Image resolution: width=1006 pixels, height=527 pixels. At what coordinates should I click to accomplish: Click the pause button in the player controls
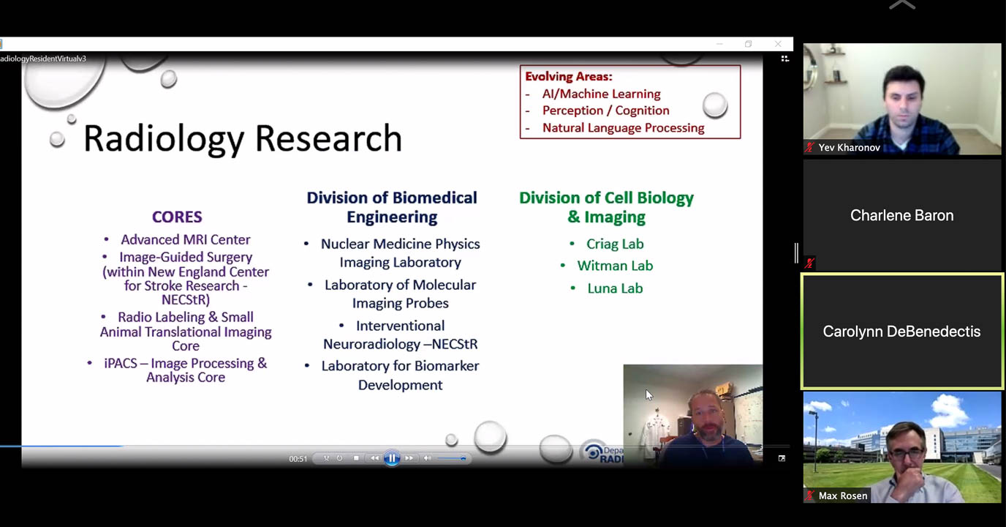click(x=392, y=458)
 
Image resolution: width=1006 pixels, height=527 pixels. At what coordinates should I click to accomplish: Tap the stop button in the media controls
click(x=356, y=458)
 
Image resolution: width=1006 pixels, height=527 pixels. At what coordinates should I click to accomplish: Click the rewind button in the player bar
click(x=374, y=458)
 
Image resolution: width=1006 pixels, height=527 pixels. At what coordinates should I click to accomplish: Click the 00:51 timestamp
click(x=298, y=459)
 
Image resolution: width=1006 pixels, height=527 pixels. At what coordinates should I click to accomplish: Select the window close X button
click(x=778, y=44)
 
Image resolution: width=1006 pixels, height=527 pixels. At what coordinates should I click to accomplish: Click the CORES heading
click(x=177, y=217)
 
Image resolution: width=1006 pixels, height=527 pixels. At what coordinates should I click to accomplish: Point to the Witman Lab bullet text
click(x=615, y=266)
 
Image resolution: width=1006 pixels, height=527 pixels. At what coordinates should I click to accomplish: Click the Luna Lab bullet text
click(x=615, y=288)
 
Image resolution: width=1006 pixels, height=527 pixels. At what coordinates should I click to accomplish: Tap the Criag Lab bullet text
click(x=615, y=244)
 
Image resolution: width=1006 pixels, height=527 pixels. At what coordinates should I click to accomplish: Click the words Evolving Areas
click(x=569, y=76)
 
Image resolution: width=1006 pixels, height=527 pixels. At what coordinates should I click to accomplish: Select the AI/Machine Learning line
click(x=602, y=94)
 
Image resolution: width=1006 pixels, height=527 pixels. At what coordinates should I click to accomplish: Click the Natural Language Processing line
click(x=624, y=127)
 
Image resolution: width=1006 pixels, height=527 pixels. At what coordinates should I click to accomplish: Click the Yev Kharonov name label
click(x=849, y=148)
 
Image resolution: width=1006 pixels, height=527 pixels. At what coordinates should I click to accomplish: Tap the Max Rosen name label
click(x=843, y=496)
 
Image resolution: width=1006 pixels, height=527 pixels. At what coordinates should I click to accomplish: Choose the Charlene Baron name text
click(x=901, y=215)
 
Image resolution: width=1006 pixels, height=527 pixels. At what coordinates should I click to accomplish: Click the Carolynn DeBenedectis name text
click(x=901, y=332)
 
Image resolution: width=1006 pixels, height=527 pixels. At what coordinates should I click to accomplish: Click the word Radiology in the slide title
click(x=164, y=139)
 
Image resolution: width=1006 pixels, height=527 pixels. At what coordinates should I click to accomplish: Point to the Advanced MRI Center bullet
click(x=186, y=239)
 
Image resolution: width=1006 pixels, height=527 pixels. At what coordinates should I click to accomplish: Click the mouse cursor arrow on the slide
click(x=649, y=395)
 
